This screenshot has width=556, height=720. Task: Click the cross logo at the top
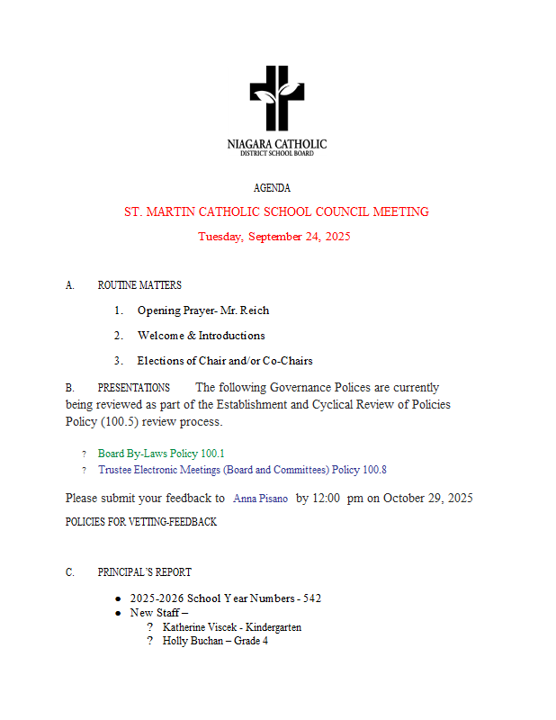coord(277,97)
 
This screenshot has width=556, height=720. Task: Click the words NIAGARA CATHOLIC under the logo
coord(277,144)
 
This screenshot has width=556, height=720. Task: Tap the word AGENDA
coord(272,188)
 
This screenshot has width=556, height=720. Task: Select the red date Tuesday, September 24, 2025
coord(274,237)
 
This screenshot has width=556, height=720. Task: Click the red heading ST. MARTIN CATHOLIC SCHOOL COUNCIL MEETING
coord(276,212)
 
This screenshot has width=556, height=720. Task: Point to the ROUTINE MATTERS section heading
coord(139,285)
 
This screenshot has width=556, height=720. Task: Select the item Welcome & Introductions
coord(201,336)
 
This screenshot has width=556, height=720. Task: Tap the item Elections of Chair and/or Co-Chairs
coord(225,361)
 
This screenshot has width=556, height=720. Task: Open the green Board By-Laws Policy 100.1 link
coord(161,454)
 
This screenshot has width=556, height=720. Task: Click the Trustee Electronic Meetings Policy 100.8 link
coord(242,470)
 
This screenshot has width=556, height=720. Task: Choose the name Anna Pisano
coord(260,499)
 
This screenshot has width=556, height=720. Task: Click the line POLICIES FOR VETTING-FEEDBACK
coord(141,522)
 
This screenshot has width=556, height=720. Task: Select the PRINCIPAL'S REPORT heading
coord(144,572)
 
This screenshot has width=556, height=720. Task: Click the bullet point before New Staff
coord(118,613)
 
